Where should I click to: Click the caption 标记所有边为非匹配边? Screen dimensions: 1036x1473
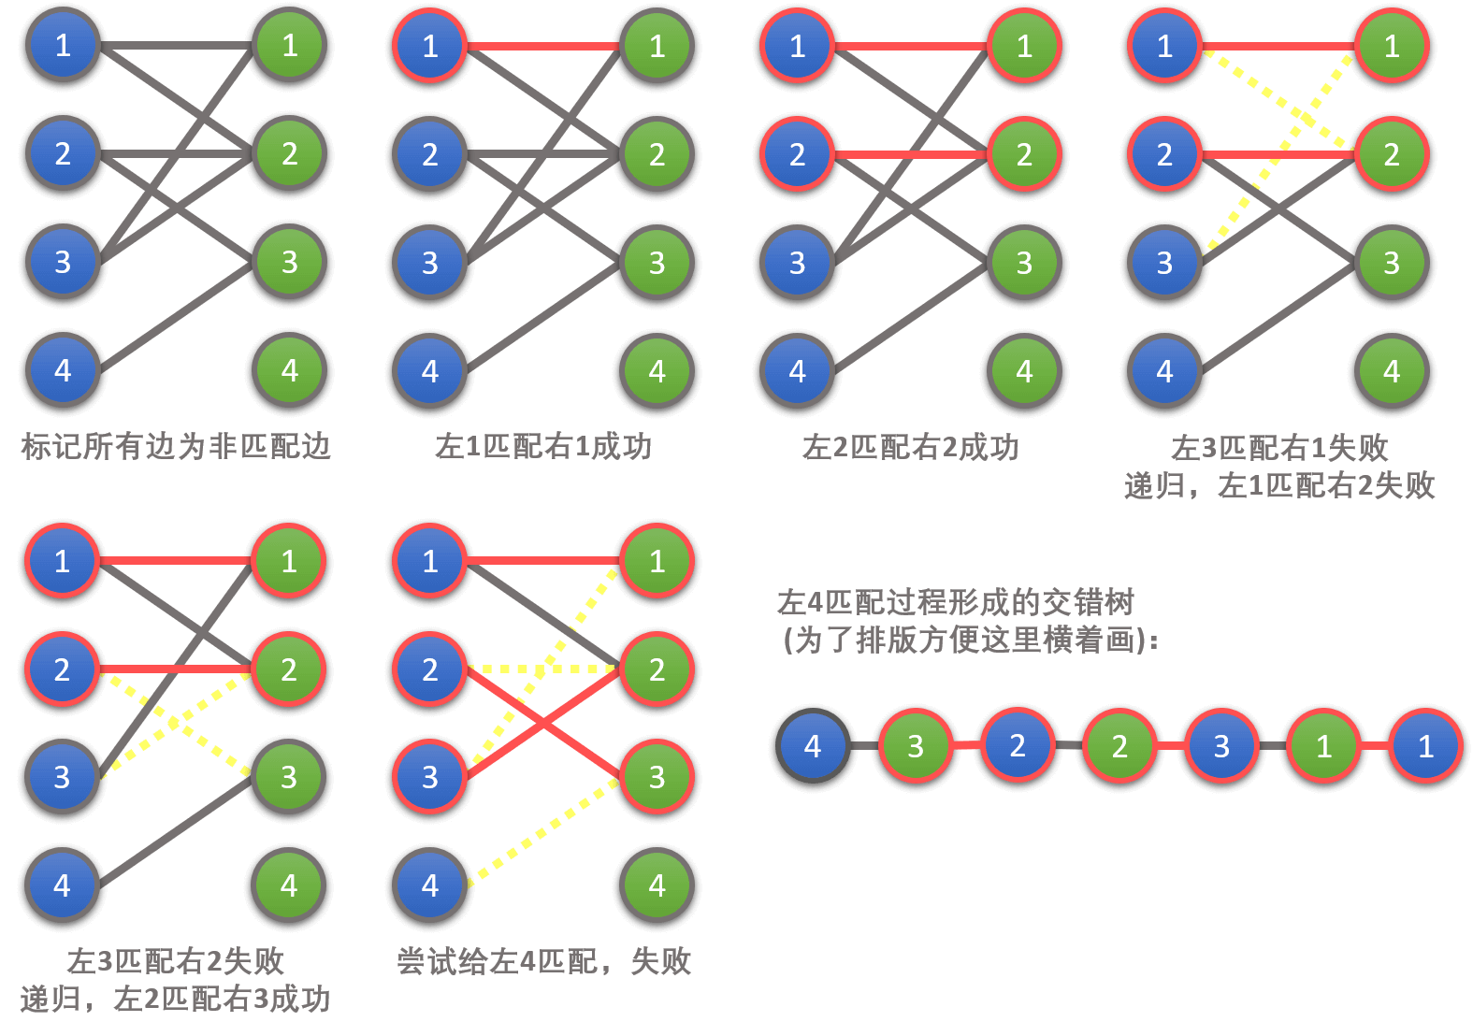pyautogui.click(x=176, y=447)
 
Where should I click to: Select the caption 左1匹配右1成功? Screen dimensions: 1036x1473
pyautogui.click(x=543, y=447)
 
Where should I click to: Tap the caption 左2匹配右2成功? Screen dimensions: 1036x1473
pyautogui.click(x=910, y=448)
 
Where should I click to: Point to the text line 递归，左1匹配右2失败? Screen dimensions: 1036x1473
pyautogui.click(x=1279, y=485)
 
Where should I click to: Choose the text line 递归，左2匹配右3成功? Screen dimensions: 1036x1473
pyautogui.click(x=175, y=999)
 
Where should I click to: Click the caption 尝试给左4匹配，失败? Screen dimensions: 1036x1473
pyautogui.click(x=543, y=961)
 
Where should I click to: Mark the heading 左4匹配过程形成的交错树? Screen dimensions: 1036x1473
pyautogui.click(x=955, y=602)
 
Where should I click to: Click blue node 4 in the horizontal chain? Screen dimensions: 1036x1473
pyautogui.click(x=813, y=746)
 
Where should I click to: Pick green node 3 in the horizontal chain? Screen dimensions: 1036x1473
pyautogui.click(x=916, y=746)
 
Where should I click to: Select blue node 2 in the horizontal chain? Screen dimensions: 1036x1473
pyautogui.click(x=1018, y=746)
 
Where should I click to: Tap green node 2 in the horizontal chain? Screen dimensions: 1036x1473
pyautogui.click(x=1119, y=746)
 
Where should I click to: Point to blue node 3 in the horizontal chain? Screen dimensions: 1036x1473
pyautogui.click(x=1221, y=746)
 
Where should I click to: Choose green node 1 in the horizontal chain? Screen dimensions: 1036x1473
pyautogui.click(x=1323, y=746)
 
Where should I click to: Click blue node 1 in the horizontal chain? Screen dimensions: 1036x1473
pyautogui.click(x=1425, y=746)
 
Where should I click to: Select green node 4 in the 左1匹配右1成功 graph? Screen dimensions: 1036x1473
pyautogui.click(x=657, y=371)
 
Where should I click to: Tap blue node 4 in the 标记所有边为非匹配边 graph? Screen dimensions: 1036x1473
pyautogui.click(x=63, y=371)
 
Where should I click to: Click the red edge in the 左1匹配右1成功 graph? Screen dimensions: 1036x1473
pyautogui.click(x=542, y=46)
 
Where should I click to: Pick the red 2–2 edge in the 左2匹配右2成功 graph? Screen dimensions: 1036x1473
pyautogui.click(x=910, y=154)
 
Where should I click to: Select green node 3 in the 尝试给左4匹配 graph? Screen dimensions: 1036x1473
pyautogui.click(x=657, y=776)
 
